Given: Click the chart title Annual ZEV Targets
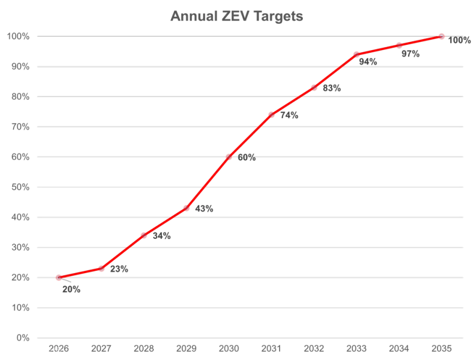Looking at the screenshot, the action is [236, 16].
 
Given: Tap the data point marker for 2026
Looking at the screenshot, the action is [58, 277].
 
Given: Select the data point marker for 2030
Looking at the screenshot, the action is [229, 157].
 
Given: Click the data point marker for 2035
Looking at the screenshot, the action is [441, 36].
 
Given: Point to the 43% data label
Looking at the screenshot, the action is [204, 209].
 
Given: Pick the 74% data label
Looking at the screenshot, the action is [289, 115].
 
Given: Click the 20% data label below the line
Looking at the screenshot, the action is [71, 289].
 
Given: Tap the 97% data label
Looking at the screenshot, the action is [410, 54].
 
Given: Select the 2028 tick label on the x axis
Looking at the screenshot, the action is [144, 348].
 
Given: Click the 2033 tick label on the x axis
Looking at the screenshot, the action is [357, 348].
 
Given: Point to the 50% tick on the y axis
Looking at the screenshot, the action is [21, 187].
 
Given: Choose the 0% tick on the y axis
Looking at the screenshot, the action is [23, 338].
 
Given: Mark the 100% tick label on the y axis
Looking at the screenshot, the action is [18, 36].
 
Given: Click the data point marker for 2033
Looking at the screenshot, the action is [357, 54].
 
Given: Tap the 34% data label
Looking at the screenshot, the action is [162, 236].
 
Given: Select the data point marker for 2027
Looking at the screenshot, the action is [101, 268].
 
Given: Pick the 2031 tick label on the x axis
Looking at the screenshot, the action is [271, 348].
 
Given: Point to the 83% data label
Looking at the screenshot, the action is [332, 88].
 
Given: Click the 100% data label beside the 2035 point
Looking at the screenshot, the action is [459, 40].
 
